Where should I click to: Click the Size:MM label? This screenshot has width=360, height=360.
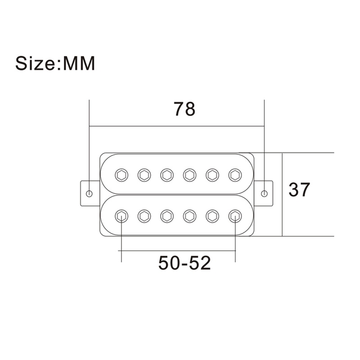coord(55,63)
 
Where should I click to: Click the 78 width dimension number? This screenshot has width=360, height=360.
coord(184,109)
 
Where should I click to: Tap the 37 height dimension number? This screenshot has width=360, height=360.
coord(299,189)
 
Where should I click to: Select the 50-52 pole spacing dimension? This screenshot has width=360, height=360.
coord(184,263)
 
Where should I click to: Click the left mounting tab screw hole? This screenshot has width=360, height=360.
coord(90,193)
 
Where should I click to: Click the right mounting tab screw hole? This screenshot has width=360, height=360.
coord(264,193)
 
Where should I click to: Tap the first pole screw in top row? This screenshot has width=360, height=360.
coord(121,175)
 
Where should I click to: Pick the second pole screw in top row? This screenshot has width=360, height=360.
coord(144,175)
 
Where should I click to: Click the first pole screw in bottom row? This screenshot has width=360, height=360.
coord(121,216)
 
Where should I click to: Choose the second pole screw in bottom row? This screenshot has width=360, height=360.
coord(144,216)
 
